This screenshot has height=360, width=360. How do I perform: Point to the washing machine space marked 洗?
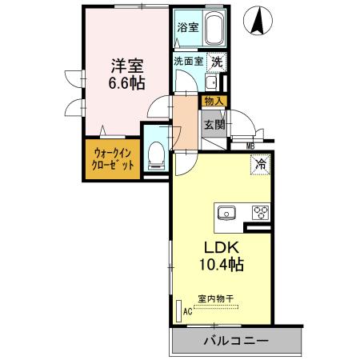click(x=216, y=61)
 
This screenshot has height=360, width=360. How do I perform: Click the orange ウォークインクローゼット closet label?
click(x=113, y=158)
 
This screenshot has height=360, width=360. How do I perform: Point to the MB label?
click(x=250, y=145)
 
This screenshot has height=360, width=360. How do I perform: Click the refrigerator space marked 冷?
click(x=261, y=163)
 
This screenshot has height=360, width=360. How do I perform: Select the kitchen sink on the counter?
click(x=226, y=213)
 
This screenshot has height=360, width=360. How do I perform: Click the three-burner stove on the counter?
click(x=260, y=213)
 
